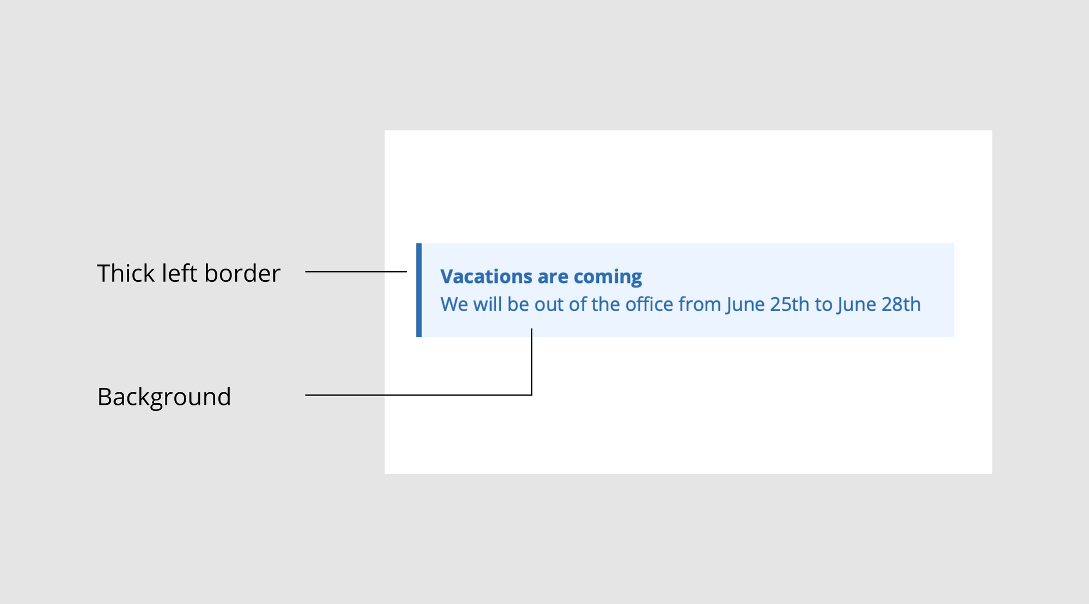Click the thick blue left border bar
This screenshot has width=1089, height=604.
(x=419, y=290)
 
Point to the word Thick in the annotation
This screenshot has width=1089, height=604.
(x=126, y=273)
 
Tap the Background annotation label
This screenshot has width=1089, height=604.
(x=164, y=397)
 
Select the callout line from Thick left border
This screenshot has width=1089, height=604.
(x=356, y=272)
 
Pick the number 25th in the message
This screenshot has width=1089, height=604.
(x=790, y=304)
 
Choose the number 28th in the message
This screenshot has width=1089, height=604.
(x=901, y=304)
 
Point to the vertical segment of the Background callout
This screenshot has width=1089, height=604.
(x=531, y=362)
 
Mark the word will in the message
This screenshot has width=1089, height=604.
(x=487, y=304)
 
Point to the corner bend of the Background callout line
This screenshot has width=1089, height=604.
(x=531, y=395)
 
